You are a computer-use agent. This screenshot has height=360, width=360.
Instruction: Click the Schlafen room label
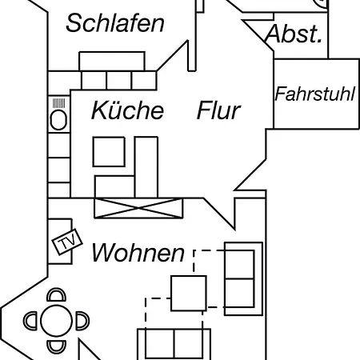point(115,23)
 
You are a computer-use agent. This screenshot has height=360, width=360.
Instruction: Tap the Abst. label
point(294,34)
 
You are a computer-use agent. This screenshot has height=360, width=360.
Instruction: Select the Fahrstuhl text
point(314,94)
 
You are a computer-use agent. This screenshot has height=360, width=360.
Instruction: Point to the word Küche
point(127,110)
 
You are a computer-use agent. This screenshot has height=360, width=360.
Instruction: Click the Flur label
point(218,110)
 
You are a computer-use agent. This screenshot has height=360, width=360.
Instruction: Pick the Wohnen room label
point(138,253)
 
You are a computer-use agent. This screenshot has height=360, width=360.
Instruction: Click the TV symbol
point(67,242)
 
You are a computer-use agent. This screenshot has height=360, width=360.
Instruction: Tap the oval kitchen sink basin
point(58,120)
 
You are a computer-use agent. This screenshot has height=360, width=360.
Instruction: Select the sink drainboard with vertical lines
point(58,103)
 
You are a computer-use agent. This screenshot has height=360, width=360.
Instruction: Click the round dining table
point(56,321)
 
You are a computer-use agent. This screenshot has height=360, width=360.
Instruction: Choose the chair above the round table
point(56,294)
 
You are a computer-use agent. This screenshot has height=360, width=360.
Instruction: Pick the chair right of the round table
point(82,321)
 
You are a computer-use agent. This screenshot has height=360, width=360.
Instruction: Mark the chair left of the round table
point(30,321)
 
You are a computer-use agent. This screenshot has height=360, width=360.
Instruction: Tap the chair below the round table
point(56,347)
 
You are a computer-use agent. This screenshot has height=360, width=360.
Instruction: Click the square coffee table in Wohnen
point(189,294)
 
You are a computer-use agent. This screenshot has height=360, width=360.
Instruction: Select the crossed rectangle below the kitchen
point(138,208)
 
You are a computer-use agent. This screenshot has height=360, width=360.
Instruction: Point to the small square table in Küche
point(109,152)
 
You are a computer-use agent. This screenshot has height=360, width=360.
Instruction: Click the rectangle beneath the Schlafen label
point(112,62)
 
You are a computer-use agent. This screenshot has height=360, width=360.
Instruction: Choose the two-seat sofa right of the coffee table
point(243,279)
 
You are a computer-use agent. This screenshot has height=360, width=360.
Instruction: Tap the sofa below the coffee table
point(174,344)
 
